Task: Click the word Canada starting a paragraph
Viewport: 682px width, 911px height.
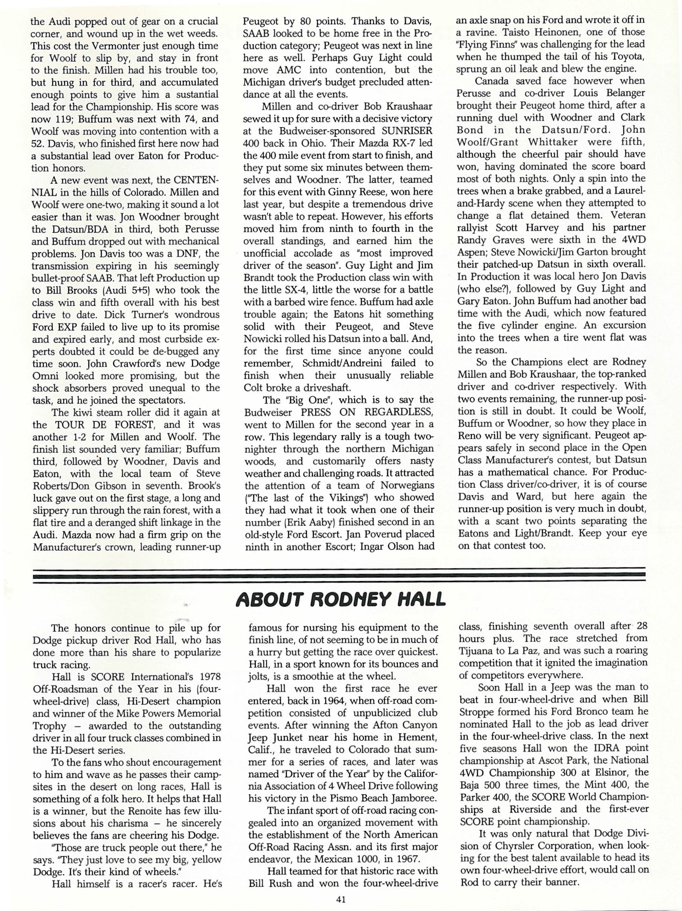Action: point(496,81)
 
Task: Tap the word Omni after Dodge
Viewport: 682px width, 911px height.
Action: point(45,376)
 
